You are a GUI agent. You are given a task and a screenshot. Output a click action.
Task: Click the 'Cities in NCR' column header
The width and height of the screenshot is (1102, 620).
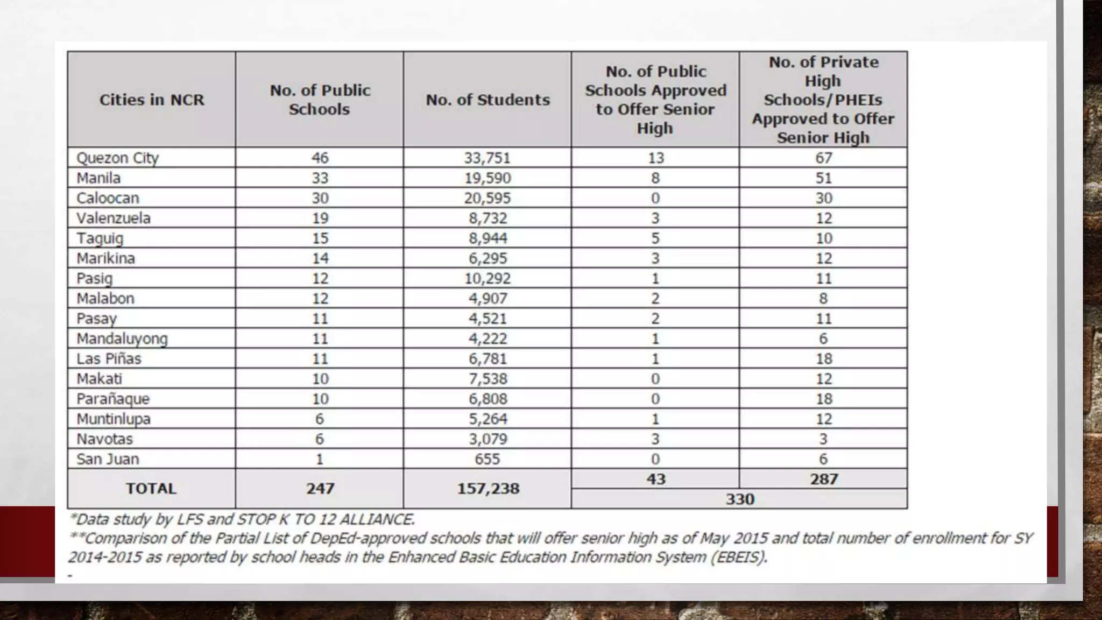pyautogui.click(x=152, y=100)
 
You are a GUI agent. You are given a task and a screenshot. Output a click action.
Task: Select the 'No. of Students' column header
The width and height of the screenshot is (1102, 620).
pyautogui.click(x=488, y=100)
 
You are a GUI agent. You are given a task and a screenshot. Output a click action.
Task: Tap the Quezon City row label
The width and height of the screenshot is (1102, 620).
pyautogui.click(x=117, y=158)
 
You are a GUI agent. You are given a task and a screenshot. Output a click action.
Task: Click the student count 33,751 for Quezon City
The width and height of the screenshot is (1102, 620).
pyautogui.click(x=488, y=158)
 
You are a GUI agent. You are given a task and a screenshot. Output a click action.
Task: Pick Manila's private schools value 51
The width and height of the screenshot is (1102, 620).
pyautogui.click(x=823, y=178)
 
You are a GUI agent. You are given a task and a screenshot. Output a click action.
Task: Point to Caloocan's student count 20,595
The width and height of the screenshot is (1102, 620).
pyautogui.click(x=488, y=198)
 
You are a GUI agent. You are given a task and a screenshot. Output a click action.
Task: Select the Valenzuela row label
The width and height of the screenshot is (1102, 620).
pyautogui.click(x=114, y=218)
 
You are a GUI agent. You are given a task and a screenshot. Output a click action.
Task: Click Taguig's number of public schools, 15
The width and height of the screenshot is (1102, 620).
pyautogui.click(x=320, y=238)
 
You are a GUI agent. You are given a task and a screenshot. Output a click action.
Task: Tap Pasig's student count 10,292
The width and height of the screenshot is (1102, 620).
pyautogui.click(x=488, y=278)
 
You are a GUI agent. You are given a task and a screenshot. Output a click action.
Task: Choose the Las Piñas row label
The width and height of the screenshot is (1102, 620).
pyautogui.click(x=109, y=358)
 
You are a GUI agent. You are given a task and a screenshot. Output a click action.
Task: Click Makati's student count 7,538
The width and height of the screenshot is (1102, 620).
pyautogui.click(x=488, y=379)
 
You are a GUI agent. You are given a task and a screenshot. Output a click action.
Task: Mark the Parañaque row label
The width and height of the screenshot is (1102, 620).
pyautogui.click(x=113, y=399)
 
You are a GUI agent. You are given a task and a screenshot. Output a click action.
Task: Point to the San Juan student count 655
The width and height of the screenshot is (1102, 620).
pyautogui.click(x=488, y=459)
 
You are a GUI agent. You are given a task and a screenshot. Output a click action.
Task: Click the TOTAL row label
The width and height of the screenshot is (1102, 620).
pyautogui.click(x=151, y=489)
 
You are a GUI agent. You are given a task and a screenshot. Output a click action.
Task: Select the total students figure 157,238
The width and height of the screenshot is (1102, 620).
pyautogui.click(x=488, y=489)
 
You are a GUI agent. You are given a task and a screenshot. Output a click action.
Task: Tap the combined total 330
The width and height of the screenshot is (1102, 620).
pyautogui.click(x=740, y=499)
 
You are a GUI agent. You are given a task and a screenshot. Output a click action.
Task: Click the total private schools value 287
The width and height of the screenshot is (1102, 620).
pyautogui.click(x=824, y=479)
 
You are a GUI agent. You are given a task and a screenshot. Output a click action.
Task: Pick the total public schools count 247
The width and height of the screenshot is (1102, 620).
pyautogui.click(x=320, y=489)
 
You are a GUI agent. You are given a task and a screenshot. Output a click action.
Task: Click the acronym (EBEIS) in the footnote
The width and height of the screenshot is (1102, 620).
pyautogui.click(x=739, y=556)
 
